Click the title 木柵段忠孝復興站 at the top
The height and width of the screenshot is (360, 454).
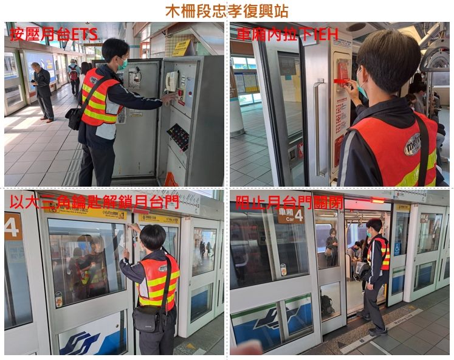(x=227, y=11)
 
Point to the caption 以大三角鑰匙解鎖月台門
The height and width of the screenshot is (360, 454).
(x=94, y=202)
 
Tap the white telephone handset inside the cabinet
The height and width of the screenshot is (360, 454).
(x=172, y=81)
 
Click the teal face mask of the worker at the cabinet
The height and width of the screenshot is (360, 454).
(x=123, y=63)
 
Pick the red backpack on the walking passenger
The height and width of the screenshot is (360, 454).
(x=74, y=75)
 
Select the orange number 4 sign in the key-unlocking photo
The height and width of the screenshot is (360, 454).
(x=12, y=226)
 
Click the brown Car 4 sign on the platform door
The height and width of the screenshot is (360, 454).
(x=291, y=215)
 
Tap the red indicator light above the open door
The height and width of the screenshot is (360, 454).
(x=377, y=200)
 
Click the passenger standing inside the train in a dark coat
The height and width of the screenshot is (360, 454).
(x=332, y=246)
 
